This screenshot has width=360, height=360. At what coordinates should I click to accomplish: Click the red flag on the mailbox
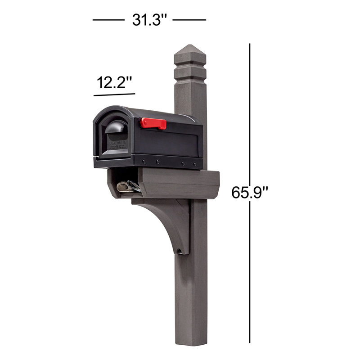coord(153,123)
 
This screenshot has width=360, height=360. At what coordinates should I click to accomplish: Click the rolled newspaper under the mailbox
coord(128,187)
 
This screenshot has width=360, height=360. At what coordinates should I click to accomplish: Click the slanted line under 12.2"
coord(114,94)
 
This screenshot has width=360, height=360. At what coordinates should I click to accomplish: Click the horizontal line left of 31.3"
coord(108,20)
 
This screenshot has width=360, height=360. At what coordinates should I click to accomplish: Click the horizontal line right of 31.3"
coord(189,20)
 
